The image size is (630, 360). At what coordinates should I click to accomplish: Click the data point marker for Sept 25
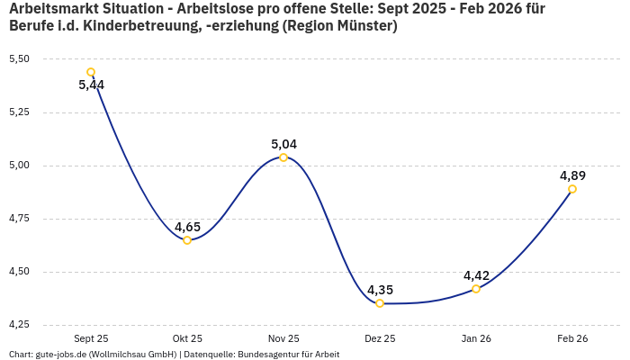click(91, 72)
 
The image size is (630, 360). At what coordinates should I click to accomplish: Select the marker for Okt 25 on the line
click(187, 240)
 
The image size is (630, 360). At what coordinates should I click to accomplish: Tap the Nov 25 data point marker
click(283, 157)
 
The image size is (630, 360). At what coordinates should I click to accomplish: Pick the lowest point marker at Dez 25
click(380, 303)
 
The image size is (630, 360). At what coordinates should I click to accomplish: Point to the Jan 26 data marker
click(476, 289)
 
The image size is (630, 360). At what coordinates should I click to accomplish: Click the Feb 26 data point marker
click(572, 189)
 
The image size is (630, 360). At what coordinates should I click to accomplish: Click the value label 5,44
click(92, 85)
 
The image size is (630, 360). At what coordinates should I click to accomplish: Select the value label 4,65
click(187, 227)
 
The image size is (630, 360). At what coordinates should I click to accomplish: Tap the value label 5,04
click(283, 144)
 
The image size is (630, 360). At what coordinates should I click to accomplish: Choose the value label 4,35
click(380, 290)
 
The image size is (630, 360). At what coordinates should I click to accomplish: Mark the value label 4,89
click(572, 175)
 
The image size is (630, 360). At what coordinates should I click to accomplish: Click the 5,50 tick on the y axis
click(19, 59)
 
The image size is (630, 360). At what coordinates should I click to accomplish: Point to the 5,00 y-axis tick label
click(19, 166)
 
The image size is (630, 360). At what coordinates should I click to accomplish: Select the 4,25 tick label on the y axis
click(19, 325)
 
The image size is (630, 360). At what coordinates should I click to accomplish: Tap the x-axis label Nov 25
click(283, 338)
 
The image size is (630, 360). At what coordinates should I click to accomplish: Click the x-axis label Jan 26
click(476, 338)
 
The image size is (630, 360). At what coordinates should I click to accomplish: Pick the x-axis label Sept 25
click(91, 338)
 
